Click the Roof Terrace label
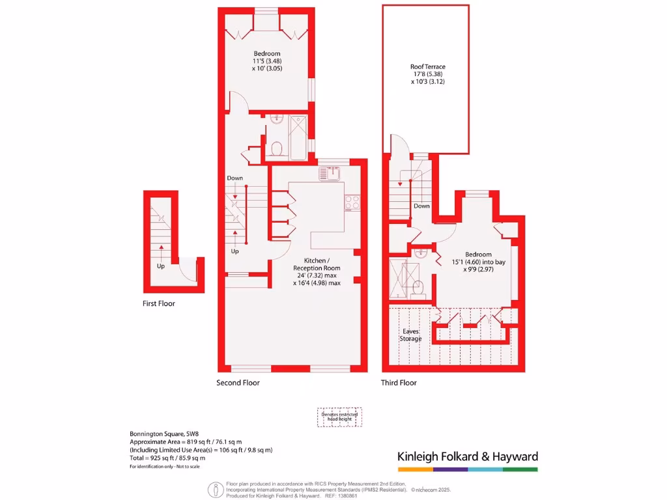[428, 74]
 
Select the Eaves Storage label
[410, 335]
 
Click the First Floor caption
[159, 303]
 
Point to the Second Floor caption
[238, 383]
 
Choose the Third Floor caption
[399, 383]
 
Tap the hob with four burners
[352, 202]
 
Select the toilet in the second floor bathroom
[276, 150]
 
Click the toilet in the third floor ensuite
[419, 287]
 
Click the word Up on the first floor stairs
[160, 266]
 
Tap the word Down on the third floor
[421, 206]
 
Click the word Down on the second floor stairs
[234, 178]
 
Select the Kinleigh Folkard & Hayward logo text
[468, 456]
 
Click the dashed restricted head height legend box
[339, 417]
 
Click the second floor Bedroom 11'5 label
[267, 61]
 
